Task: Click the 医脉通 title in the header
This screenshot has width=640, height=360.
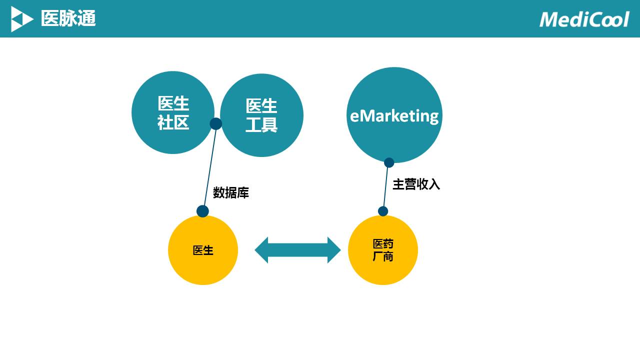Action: coord(68,18)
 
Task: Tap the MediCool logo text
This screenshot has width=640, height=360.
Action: coord(584,19)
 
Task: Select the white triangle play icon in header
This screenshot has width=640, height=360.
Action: coord(22,19)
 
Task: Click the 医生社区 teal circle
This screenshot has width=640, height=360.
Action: coord(173,112)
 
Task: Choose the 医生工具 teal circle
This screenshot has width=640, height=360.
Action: coord(261,115)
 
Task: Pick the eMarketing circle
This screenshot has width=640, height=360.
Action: coord(394,115)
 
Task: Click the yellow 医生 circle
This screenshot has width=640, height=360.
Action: coord(203,250)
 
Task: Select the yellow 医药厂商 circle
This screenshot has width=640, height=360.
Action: coord(383,250)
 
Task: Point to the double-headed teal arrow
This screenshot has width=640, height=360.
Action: coord(297,250)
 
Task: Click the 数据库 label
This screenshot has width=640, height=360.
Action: coord(231,192)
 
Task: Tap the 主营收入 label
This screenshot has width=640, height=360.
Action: coord(416,184)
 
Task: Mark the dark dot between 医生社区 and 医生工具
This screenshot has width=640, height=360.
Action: coord(215,123)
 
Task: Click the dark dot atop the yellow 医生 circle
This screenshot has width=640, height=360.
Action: coord(202,211)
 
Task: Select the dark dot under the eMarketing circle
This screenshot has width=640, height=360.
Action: coord(389,162)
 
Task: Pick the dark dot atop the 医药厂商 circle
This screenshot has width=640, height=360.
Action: coord(383,211)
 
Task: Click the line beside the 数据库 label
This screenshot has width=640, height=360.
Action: coord(210,167)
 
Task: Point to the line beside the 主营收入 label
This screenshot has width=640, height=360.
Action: coord(385,187)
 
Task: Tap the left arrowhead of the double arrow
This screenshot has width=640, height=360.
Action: coord(261,250)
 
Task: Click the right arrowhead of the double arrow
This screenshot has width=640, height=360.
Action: coord(333,250)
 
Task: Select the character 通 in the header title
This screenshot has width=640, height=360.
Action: coord(86,18)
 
